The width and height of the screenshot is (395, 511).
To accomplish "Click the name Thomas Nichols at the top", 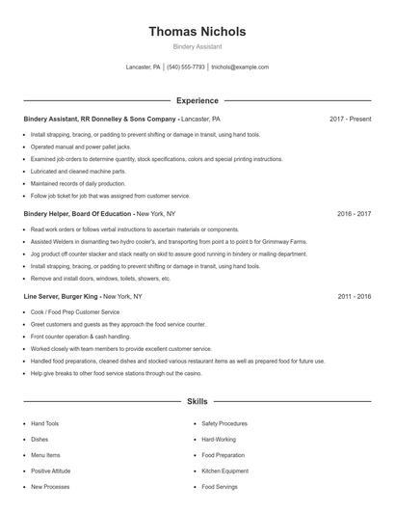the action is (x=197, y=32).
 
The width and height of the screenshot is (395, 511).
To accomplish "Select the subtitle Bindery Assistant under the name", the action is (x=197, y=46).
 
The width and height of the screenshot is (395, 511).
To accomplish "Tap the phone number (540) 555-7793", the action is (x=186, y=67).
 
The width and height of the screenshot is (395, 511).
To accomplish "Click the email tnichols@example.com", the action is (x=240, y=67).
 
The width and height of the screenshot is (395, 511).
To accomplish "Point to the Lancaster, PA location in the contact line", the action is (x=143, y=67).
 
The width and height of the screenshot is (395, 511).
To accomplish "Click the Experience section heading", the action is (x=197, y=100).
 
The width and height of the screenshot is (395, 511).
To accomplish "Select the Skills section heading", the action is (x=197, y=400).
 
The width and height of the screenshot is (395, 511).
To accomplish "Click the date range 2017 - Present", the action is (x=350, y=119).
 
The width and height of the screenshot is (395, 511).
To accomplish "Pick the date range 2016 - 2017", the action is (x=354, y=213).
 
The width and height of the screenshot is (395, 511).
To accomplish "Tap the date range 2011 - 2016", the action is (x=354, y=297).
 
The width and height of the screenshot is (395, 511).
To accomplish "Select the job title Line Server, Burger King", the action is (x=61, y=297).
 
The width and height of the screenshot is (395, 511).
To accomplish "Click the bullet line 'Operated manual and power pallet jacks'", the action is (x=79, y=147).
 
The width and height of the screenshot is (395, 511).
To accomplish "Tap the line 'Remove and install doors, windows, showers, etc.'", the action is (x=100, y=279).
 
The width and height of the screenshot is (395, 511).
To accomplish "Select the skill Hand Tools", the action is (x=44, y=423).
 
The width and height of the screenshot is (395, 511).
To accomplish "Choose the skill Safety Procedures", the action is (x=224, y=423).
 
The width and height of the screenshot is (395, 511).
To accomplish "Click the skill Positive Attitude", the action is (x=51, y=471).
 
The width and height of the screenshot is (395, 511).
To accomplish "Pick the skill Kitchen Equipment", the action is (x=225, y=471).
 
